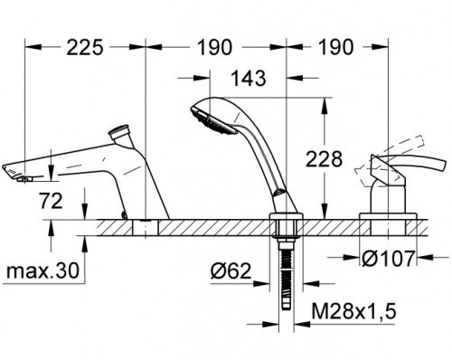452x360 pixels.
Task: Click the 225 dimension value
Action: tap(85, 47)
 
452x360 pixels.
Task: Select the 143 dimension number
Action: tap(249, 78)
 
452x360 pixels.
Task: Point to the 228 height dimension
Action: tap(325, 159)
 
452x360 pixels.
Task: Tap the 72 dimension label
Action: tap(51, 201)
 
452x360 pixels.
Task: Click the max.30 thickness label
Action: tap(42, 270)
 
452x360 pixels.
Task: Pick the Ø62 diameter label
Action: tap(231, 270)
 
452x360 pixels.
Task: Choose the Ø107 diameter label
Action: tap(389, 259)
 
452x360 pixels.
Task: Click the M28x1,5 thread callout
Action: tap(353, 311)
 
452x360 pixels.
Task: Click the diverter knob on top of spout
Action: tap(120, 131)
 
